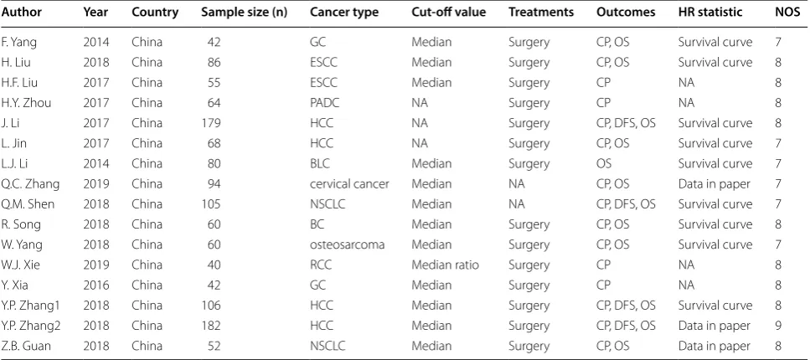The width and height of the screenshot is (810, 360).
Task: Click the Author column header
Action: tap(21, 12)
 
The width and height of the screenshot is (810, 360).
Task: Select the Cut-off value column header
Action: tap(448, 12)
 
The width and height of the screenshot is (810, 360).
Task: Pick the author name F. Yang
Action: tap(19, 43)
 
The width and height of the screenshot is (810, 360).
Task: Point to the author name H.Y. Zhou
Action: tap(26, 103)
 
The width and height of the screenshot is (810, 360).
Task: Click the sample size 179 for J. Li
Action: tap(211, 123)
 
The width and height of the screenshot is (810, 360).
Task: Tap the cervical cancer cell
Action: tap(349, 184)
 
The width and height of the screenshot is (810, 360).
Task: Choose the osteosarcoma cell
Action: tap(347, 244)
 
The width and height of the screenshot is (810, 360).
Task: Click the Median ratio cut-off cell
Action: tap(445, 265)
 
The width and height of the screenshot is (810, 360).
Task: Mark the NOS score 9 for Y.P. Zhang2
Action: tap(778, 326)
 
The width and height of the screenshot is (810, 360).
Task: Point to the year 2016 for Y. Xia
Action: tap(96, 285)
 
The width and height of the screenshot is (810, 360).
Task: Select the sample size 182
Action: tap(211, 326)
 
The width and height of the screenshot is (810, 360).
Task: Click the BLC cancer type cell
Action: tap(320, 164)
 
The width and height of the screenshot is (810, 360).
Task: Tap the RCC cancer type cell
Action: tap(321, 265)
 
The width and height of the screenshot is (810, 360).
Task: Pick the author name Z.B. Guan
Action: tap(26, 346)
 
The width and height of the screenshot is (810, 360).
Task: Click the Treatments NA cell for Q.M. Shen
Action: tap(517, 204)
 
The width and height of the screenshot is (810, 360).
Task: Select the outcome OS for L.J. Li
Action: tap(604, 164)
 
